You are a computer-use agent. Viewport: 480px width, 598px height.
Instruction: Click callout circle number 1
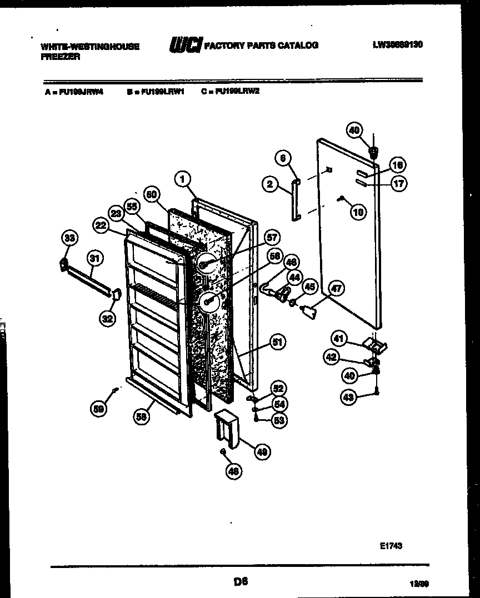click(182, 178)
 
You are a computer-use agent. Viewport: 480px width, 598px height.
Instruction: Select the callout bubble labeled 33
click(68, 239)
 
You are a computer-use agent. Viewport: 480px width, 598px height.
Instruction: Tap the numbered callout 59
click(98, 409)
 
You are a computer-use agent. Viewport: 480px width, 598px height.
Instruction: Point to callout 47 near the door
click(336, 288)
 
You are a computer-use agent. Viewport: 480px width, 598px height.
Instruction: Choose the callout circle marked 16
click(398, 165)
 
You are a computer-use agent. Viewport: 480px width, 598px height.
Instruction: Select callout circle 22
click(100, 225)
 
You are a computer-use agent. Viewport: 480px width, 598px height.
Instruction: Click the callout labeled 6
click(283, 158)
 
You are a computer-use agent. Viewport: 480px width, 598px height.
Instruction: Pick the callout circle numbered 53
click(279, 420)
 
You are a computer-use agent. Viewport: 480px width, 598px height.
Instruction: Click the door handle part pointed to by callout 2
click(294, 199)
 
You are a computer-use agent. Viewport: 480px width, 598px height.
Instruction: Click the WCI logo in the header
click(185, 45)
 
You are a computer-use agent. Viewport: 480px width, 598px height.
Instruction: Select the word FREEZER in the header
click(61, 57)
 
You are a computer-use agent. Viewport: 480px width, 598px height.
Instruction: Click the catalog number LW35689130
click(397, 44)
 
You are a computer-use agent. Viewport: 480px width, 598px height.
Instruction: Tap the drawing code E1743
click(391, 546)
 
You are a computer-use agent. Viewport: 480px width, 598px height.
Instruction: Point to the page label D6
click(240, 582)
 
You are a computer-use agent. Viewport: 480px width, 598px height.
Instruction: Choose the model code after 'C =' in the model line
click(237, 92)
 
